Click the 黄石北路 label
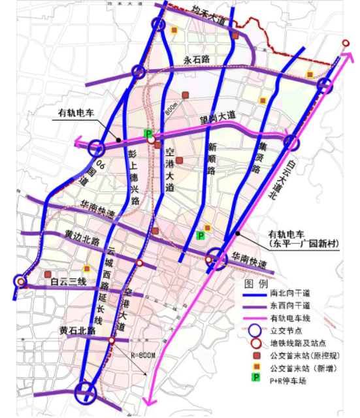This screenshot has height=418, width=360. tap(77, 331)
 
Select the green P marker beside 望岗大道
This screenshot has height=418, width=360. tap(148, 133)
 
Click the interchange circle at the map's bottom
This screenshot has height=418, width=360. tap(85, 393)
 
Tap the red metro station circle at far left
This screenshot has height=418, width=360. tap(21, 282)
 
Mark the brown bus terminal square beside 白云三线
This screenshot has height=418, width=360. tap(48, 275)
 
